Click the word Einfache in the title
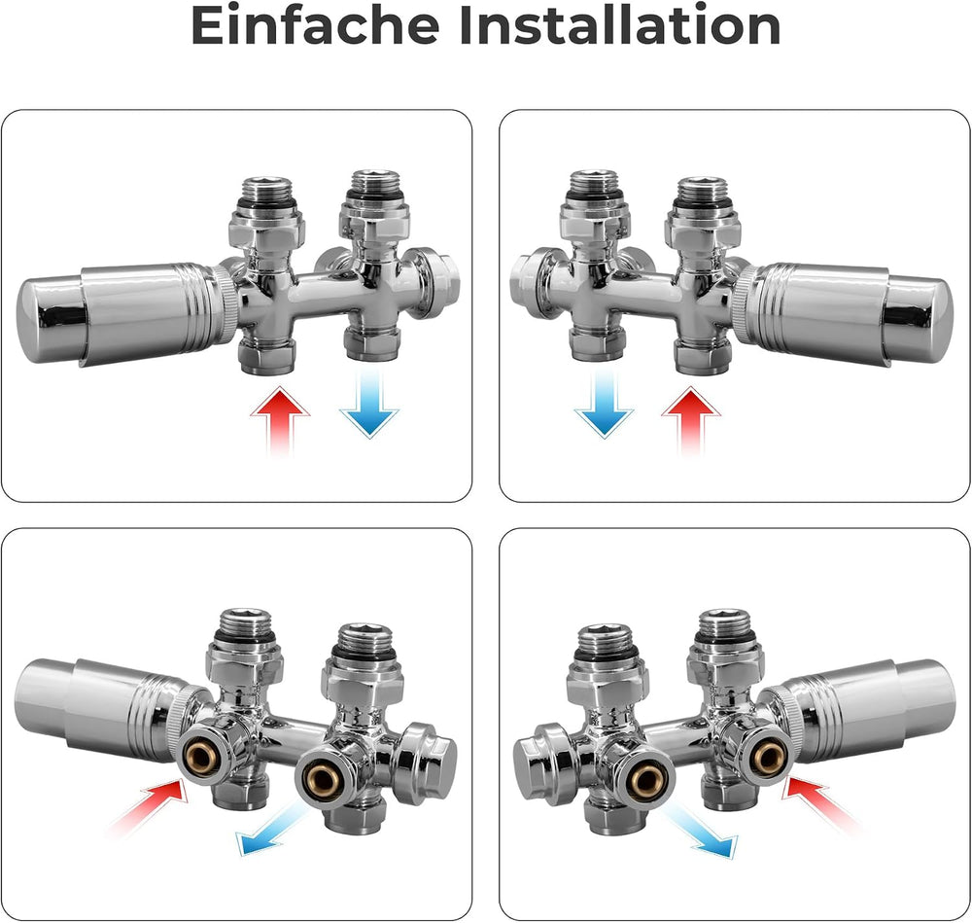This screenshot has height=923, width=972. click(314, 25)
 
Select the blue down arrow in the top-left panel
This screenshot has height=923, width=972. click(369, 405)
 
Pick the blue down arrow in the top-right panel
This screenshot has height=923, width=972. click(604, 405)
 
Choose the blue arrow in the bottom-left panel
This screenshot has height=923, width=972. click(273, 830)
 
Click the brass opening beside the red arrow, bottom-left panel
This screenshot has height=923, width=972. click(199, 755)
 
